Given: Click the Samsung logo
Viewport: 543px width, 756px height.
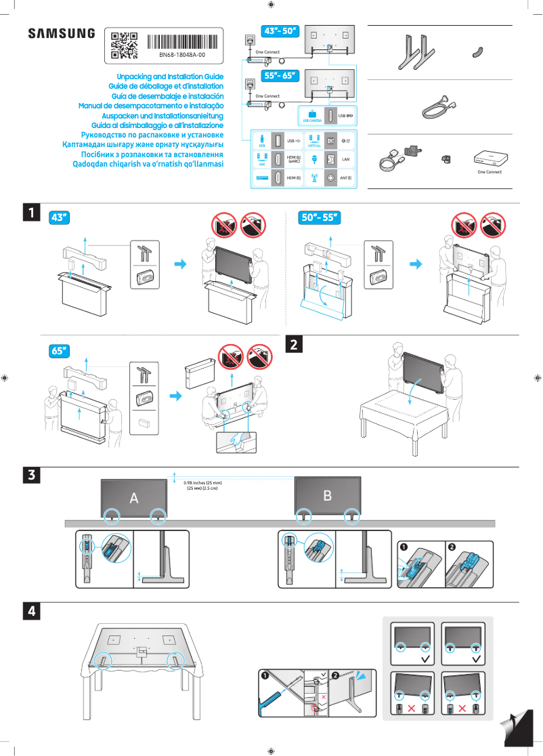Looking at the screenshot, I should [x=61, y=34].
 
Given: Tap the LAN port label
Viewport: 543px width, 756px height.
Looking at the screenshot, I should [x=345, y=159].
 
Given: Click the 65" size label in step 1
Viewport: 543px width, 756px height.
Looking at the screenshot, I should [x=60, y=351].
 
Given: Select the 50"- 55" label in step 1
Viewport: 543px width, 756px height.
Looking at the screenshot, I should [x=318, y=217].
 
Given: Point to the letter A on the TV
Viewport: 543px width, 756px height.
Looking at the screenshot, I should [x=134, y=498].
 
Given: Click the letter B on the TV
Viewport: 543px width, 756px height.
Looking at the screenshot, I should [x=328, y=496].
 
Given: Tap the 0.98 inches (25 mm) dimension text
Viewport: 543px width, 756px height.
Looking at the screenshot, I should [x=202, y=483].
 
